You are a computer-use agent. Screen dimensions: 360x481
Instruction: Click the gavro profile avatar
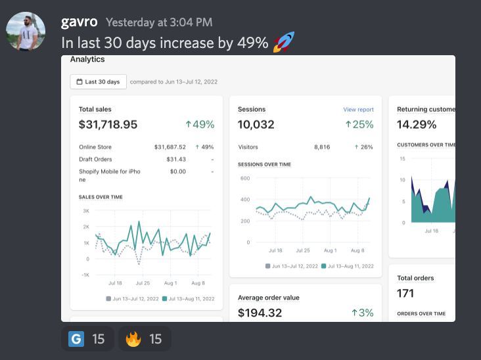(x=26, y=31)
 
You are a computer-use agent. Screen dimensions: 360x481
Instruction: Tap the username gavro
(x=79, y=22)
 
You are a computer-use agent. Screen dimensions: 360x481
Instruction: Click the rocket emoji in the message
(x=283, y=43)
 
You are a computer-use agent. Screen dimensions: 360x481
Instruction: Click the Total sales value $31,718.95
(x=108, y=124)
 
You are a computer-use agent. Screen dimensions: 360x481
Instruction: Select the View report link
(x=358, y=110)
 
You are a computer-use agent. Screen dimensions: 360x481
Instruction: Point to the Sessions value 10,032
(x=256, y=124)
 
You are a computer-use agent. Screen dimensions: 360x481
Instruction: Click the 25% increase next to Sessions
(x=359, y=124)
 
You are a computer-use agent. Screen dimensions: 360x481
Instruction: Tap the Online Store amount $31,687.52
(x=170, y=147)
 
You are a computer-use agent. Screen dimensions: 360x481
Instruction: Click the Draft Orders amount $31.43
(x=175, y=159)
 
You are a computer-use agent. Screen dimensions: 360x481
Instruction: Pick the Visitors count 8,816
(x=322, y=147)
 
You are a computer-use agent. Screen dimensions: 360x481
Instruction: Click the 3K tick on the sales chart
(x=86, y=211)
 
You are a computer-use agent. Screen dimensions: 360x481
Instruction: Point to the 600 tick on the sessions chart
(x=245, y=178)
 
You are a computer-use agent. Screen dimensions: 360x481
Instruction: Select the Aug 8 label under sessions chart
(x=357, y=250)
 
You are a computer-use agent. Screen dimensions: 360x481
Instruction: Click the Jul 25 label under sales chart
(x=143, y=283)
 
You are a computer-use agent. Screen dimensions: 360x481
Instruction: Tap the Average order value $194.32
(x=260, y=313)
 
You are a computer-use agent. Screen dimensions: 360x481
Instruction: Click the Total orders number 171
(x=405, y=293)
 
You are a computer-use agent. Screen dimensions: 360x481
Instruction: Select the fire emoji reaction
(x=133, y=339)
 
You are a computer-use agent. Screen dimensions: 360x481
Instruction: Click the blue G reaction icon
(x=76, y=339)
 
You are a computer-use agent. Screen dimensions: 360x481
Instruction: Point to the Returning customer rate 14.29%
(x=417, y=124)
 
